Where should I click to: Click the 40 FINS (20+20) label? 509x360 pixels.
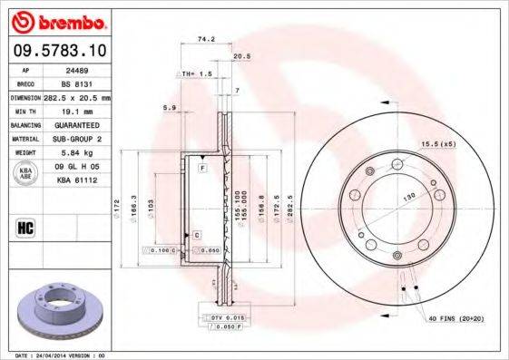pyautogui.click(x=457, y=319)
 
